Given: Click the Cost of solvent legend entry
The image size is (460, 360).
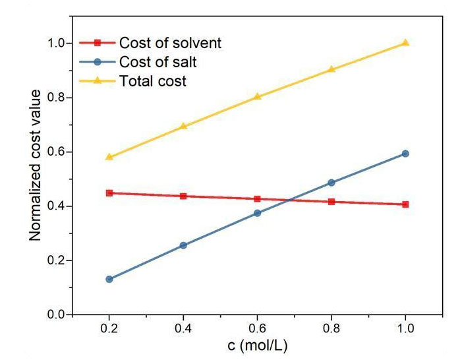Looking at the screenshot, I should pyautogui.click(x=170, y=44).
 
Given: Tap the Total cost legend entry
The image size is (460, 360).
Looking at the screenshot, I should pyautogui.click(x=152, y=82).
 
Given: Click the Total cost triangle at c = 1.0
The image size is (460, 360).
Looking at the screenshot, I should pyautogui.click(x=405, y=43).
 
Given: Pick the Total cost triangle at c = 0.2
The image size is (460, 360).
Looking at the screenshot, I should pyautogui.click(x=109, y=157).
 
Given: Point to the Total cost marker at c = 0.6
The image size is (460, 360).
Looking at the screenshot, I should pyautogui.click(x=258, y=96).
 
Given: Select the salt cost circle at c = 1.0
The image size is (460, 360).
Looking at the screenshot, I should pyautogui.click(x=405, y=154).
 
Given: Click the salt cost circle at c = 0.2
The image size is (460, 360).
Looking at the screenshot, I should pyautogui.click(x=109, y=280).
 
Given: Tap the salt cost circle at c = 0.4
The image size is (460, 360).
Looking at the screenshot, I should pyautogui.click(x=183, y=245).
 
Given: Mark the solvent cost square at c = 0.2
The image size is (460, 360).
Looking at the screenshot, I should pyautogui.click(x=109, y=193).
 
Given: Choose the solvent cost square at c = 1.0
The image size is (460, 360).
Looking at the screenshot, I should pyautogui.click(x=405, y=204).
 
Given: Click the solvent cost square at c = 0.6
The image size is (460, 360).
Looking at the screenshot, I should pyautogui.click(x=258, y=198).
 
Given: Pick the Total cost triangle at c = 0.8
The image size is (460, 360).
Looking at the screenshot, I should pyautogui.click(x=331, y=69).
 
